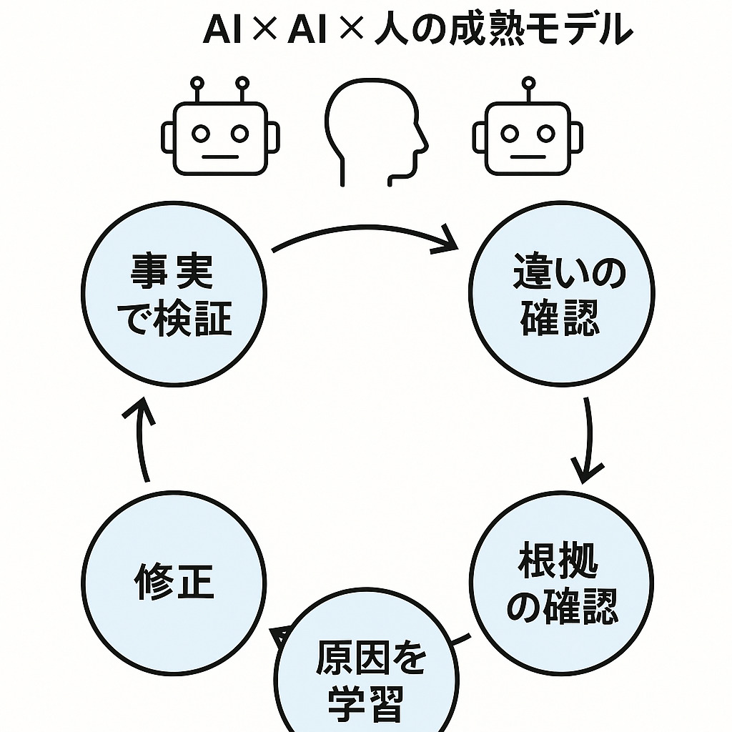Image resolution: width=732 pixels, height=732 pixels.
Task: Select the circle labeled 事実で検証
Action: (174, 294)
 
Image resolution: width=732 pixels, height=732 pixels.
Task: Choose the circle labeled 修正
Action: (174, 583)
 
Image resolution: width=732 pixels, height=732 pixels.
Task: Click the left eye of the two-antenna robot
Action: (201, 133)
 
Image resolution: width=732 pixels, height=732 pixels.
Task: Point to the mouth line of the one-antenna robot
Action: (528, 156)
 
